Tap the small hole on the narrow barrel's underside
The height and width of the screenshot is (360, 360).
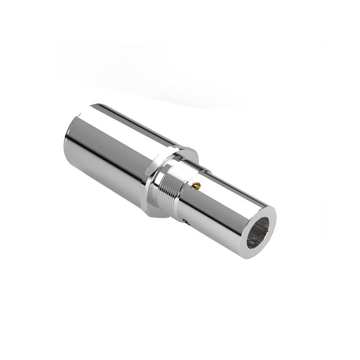(187, 220)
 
